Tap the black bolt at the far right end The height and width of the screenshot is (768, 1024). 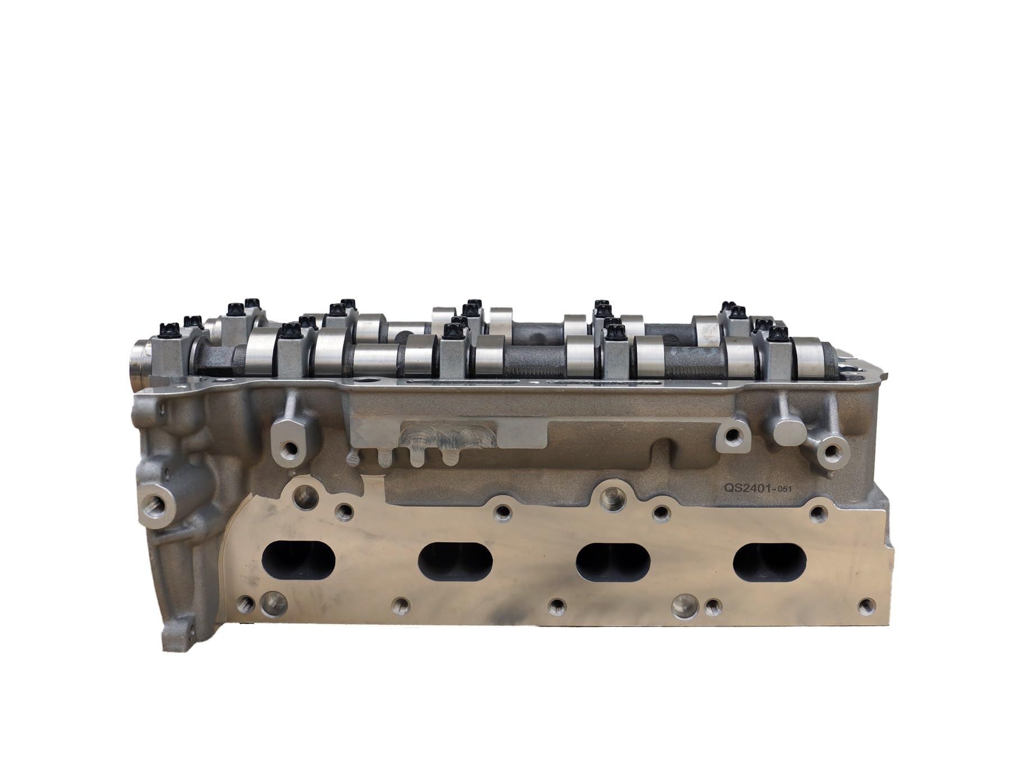[x=775, y=332]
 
